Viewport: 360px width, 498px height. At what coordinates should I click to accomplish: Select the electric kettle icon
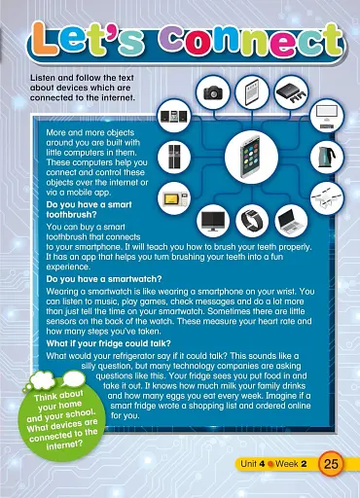click(323, 157)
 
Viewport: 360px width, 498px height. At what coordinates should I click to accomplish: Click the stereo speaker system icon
click(172, 117)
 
